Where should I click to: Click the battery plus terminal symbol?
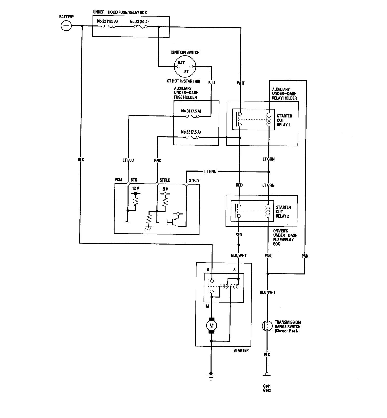click(x=66, y=26)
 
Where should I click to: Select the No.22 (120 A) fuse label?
click(x=107, y=21)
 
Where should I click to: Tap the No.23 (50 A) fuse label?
click(x=139, y=21)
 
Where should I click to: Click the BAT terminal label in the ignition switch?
click(x=181, y=63)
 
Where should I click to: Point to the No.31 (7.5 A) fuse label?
click(x=191, y=111)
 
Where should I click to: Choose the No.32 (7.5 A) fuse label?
click(x=191, y=132)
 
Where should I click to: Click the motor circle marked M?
click(x=211, y=326)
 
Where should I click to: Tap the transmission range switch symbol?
click(x=267, y=326)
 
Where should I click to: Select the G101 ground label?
click(x=267, y=386)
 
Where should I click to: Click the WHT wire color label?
click(x=241, y=83)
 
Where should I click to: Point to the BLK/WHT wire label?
click(x=239, y=255)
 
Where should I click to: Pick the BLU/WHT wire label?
click(x=268, y=292)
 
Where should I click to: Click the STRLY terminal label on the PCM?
click(x=194, y=180)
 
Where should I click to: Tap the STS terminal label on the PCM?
click(x=134, y=180)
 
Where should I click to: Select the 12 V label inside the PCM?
click(x=136, y=188)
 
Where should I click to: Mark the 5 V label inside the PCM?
click(x=165, y=189)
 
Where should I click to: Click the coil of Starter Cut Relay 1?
click(x=269, y=120)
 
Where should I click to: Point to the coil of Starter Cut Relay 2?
click(x=268, y=211)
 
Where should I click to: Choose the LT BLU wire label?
click(x=128, y=160)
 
